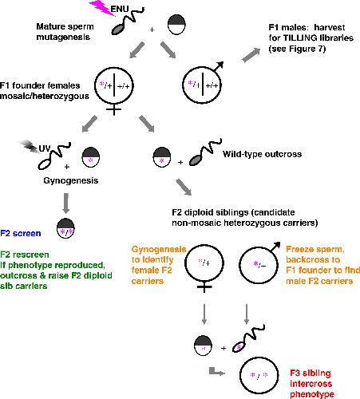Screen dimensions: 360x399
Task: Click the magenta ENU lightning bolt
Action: [x=102, y=7]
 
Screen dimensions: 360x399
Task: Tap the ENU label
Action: [x=120, y=9]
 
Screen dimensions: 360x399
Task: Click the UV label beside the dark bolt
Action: [x=45, y=148]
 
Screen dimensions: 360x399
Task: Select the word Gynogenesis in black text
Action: [x=71, y=180]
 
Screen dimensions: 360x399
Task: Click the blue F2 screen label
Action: [x=21, y=233]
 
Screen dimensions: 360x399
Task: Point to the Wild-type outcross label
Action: [x=262, y=154]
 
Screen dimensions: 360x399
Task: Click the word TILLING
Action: [x=300, y=38]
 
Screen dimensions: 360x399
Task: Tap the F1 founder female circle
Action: [x=114, y=85]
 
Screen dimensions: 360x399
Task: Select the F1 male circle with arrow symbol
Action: [x=202, y=85]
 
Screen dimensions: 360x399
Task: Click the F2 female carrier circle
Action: [x=204, y=263]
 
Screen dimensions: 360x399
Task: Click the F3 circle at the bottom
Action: [x=259, y=375]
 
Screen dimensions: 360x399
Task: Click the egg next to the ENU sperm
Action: [x=176, y=25]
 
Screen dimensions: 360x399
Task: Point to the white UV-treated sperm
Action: [x=54, y=156]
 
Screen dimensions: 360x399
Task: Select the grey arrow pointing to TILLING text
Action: [x=251, y=55]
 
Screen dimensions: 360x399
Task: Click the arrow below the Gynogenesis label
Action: [x=66, y=203]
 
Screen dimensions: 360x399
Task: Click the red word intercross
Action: [x=311, y=384]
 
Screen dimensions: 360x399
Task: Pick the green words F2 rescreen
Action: [x=25, y=255]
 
